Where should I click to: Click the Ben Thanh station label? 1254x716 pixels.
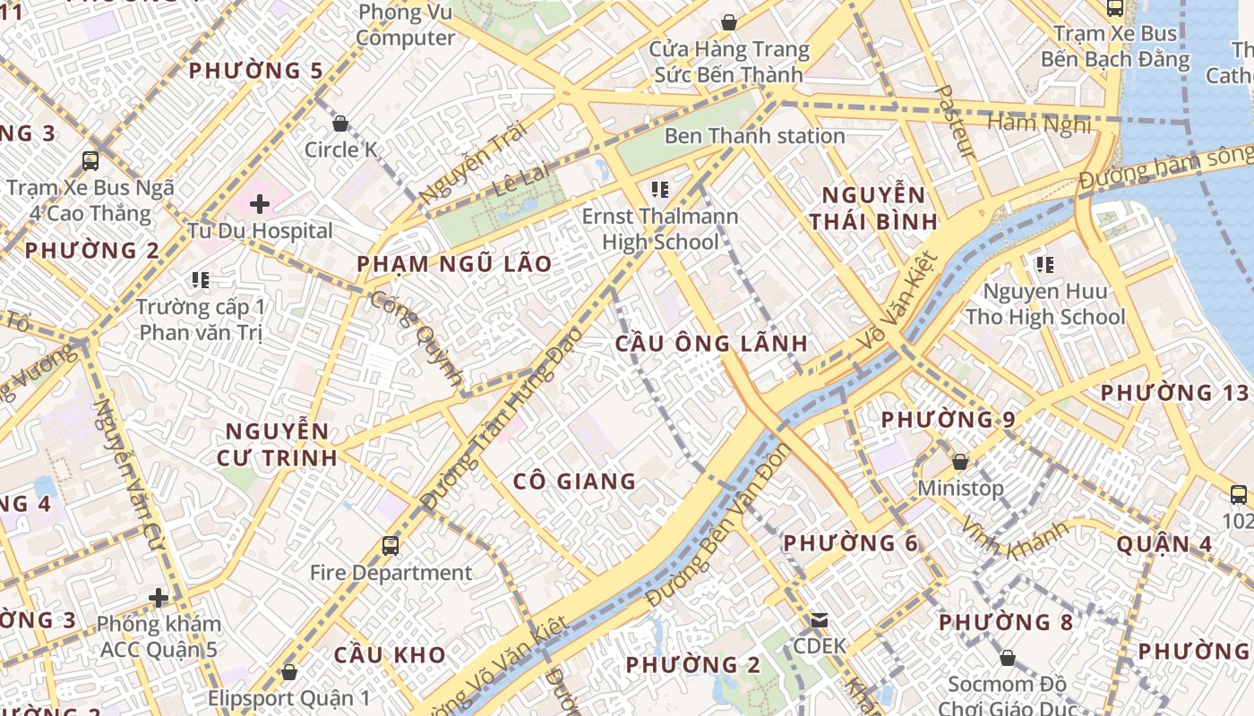754,136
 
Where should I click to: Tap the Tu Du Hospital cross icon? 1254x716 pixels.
260,204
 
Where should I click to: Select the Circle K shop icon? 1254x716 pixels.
340,124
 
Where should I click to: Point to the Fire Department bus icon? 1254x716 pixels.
391,545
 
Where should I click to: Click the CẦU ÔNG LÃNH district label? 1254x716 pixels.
712,343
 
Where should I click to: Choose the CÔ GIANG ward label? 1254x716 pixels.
574,482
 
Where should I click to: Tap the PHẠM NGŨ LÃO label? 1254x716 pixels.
454,264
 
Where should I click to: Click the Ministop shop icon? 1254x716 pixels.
960,462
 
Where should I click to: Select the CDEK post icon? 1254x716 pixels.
819,619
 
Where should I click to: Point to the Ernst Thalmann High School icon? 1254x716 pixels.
661,190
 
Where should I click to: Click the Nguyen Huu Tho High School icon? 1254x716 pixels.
1044,265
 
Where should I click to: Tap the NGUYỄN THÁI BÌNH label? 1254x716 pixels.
872,208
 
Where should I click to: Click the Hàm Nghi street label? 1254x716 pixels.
1039,122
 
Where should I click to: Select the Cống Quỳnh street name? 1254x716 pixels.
417,338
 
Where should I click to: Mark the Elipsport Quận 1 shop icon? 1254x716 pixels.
288,671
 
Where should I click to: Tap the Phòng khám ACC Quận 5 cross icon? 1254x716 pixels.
159,597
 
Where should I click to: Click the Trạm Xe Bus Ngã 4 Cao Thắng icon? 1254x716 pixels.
90,161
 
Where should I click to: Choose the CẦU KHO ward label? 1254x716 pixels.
390,655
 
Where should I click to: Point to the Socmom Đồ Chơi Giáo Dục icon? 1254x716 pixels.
1008,659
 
